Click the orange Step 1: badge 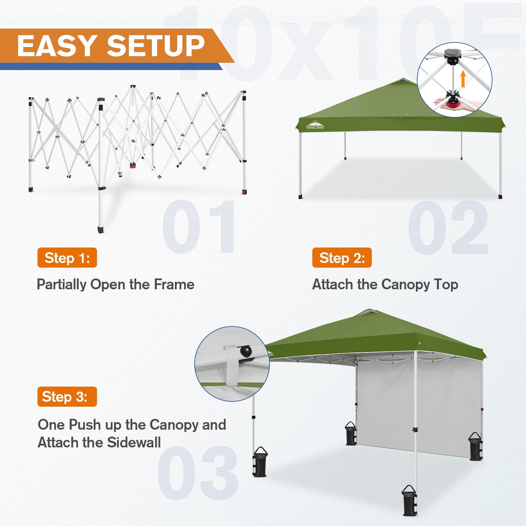[x=67, y=258]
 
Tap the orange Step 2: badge [x=342, y=258]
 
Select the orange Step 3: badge [x=67, y=397]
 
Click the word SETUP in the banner [x=156, y=46]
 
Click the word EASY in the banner [x=57, y=46]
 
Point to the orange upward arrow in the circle [x=463, y=79]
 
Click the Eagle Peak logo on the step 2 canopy [x=315, y=125]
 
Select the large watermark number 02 [x=448, y=227]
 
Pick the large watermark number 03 [x=198, y=473]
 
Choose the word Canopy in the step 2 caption [x=405, y=285]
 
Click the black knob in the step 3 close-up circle [x=244, y=351]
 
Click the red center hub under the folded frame [x=133, y=165]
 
